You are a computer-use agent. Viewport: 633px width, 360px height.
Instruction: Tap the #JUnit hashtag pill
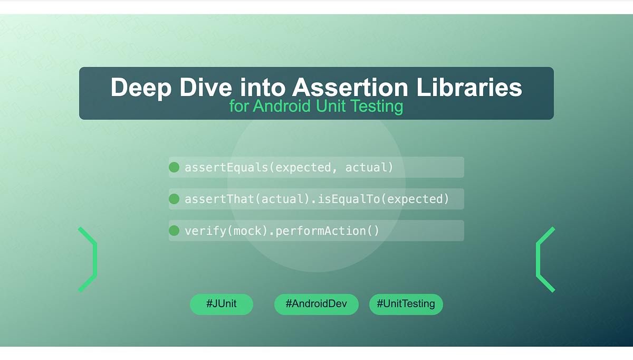[x=222, y=304]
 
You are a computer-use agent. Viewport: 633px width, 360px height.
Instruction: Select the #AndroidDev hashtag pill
[x=316, y=304]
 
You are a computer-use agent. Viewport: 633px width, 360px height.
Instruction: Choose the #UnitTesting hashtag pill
[x=406, y=304]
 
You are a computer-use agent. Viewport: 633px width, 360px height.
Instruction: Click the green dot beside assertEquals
[x=174, y=167]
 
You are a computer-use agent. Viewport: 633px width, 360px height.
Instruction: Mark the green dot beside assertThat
[x=174, y=199]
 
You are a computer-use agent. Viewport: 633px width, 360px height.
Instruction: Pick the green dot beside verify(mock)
[x=174, y=231]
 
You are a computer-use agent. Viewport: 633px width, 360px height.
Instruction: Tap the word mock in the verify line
[x=247, y=231]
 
